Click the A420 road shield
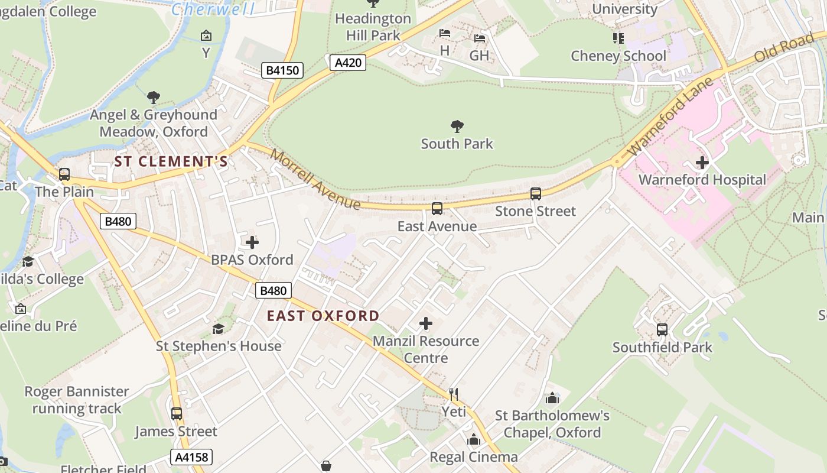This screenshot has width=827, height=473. (x=348, y=62)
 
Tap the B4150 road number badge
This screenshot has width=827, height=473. (x=282, y=70)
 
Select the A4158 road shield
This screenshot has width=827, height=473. (x=191, y=456)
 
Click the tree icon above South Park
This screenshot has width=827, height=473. (x=457, y=126)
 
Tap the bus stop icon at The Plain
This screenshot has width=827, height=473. (x=64, y=174)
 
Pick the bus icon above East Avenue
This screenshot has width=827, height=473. (x=437, y=209)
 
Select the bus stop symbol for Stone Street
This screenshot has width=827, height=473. (x=535, y=194)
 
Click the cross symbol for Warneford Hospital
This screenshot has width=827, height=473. (x=702, y=162)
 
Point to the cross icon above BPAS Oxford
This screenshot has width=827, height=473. (x=252, y=242)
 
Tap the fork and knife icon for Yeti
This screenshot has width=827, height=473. (x=454, y=394)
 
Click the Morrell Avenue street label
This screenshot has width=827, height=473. (x=315, y=179)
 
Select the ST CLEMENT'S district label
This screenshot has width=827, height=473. (x=171, y=161)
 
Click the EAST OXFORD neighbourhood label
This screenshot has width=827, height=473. (x=323, y=316)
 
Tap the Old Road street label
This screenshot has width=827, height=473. (x=784, y=48)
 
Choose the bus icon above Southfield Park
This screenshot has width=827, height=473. (x=662, y=330)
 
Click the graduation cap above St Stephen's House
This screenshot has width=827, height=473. (x=219, y=329)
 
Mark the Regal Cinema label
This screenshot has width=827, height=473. (x=473, y=456)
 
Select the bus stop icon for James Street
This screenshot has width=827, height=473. (x=176, y=414)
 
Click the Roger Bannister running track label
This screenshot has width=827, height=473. (x=77, y=400)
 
